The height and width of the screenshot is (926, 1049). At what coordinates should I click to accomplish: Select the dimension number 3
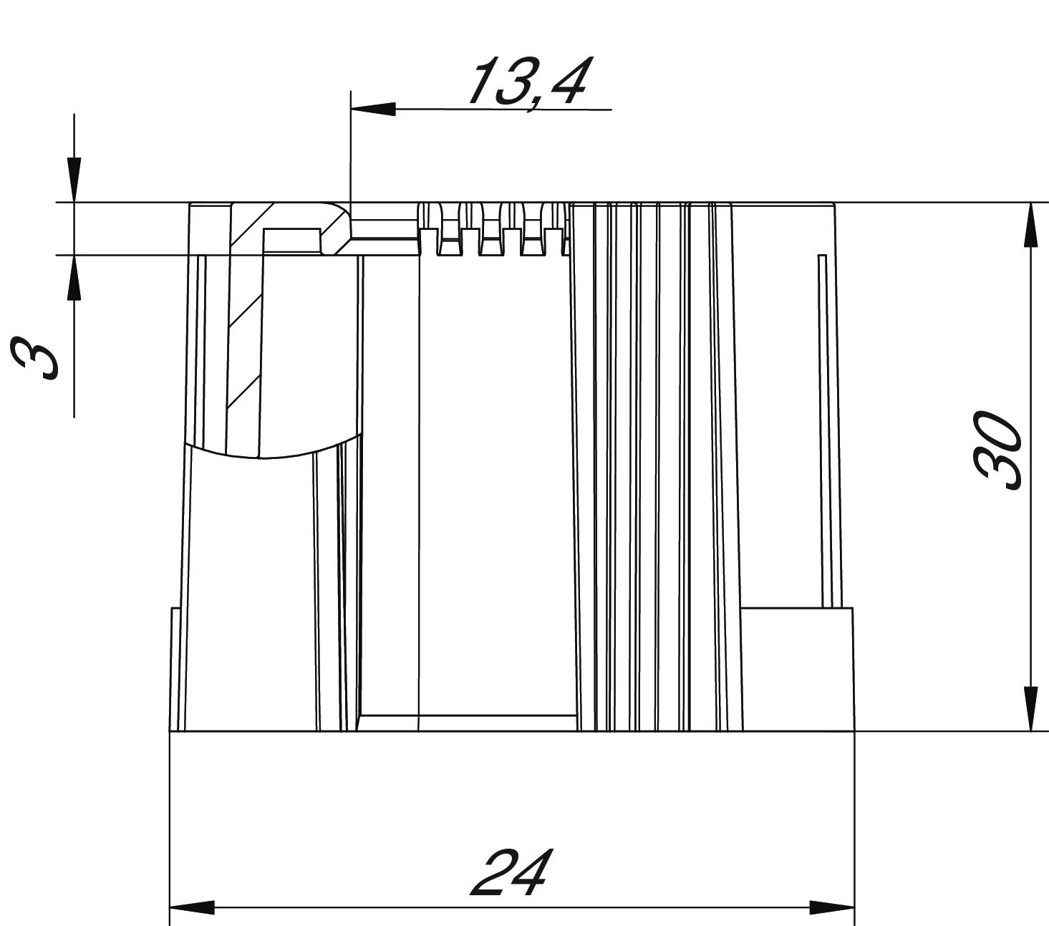click(34, 358)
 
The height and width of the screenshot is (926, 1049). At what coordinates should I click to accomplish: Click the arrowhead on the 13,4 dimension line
click(373, 110)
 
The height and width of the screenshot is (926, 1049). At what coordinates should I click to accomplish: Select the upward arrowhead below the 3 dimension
click(74, 277)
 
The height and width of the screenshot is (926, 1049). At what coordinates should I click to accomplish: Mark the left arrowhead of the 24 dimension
click(192, 907)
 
